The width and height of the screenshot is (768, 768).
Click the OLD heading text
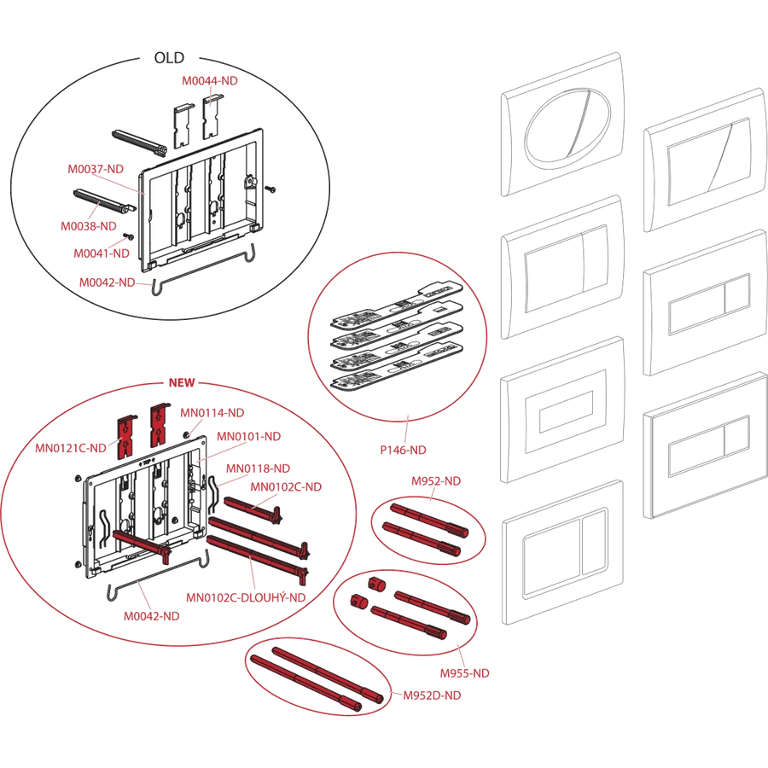pos(169,58)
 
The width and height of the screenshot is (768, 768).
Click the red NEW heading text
pos(182,382)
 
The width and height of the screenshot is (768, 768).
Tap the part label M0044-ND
pos(210,81)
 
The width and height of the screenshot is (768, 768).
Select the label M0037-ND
pos(96,169)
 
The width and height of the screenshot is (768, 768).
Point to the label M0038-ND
pos(89,226)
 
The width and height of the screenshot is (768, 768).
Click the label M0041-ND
pos(102,253)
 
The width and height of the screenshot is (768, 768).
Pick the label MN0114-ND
pos(212,413)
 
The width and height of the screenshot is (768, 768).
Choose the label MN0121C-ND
pos(71,448)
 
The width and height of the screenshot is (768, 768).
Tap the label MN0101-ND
pos(249,436)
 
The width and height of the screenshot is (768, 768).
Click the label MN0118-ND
pos(258,468)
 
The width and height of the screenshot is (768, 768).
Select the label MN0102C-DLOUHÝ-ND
pos(246,597)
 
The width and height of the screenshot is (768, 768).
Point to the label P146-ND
pos(403,450)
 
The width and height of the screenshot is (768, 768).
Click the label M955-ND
pos(465,673)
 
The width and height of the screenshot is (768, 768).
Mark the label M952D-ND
pos(432,695)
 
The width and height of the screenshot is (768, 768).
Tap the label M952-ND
pos(436,481)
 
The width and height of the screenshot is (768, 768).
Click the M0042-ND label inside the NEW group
pos(151,616)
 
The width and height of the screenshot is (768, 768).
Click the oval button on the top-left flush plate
pos(568,124)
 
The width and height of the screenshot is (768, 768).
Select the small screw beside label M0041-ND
pos(131,236)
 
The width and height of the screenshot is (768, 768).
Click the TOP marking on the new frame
pos(147,462)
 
